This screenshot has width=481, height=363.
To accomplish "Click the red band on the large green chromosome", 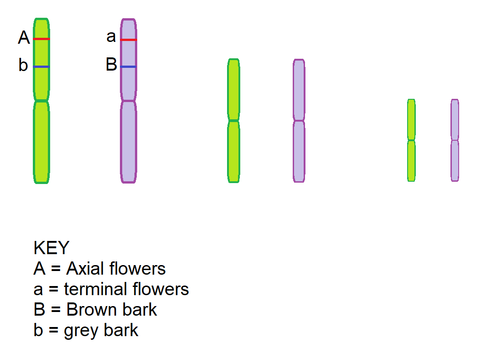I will (x=41, y=39).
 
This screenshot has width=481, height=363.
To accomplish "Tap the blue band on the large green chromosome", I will (x=41, y=67).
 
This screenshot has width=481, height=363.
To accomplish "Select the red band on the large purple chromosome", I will (x=129, y=40).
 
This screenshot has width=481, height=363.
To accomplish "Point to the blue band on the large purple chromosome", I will (x=129, y=67).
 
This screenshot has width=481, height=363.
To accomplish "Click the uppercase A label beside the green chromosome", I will (x=24, y=38).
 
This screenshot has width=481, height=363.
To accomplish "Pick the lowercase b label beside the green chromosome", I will (x=23, y=66).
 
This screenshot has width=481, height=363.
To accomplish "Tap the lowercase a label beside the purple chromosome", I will (x=111, y=36).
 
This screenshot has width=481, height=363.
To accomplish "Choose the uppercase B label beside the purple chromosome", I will (x=111, y=65).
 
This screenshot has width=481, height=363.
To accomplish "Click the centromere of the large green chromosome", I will (x=41, y=100).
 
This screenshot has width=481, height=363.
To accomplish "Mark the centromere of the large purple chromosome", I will (x=129, y=100).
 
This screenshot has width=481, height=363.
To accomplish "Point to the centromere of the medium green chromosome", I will (x=233, y=120).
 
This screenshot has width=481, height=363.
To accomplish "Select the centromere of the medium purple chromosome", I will (x=299, y=121).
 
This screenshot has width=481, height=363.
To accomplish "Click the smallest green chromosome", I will (x=411, y=140).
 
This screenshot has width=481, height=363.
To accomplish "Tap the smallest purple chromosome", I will (x=455, y=140).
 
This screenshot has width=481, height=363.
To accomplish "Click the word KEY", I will (x=51, y=248).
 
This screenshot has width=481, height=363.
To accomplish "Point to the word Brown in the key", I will (x=88, y=310).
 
